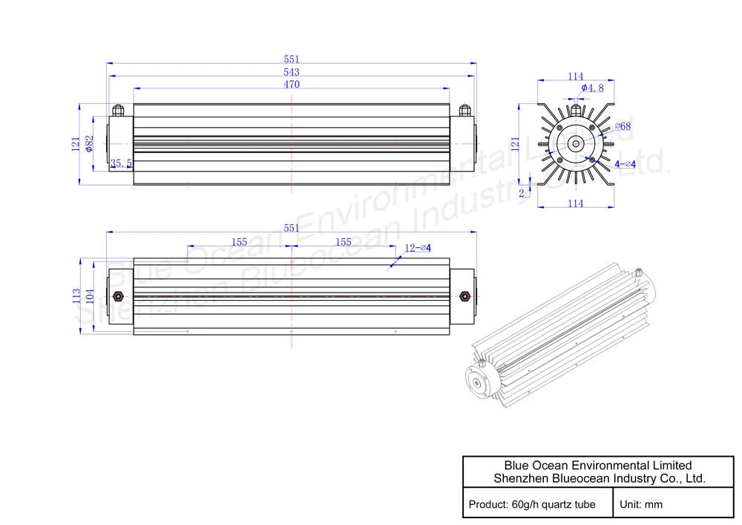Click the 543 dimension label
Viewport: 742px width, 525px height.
click(x=292, y=72)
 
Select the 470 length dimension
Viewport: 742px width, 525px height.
click(x=292, y=84)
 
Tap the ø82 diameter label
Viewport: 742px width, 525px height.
click(x=90, y=144)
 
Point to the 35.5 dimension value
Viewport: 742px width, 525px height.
click(x=121, y=163)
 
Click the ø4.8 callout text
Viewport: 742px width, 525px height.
click(x=592, y=88)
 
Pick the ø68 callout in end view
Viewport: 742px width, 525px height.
click(x=623, y=126)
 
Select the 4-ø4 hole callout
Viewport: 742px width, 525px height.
click(x=625, y=164)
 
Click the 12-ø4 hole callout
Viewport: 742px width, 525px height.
click(x=418, y=247)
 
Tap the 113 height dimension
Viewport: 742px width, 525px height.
click(x=76, y=296)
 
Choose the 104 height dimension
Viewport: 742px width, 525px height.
click(x=90, y=296)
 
